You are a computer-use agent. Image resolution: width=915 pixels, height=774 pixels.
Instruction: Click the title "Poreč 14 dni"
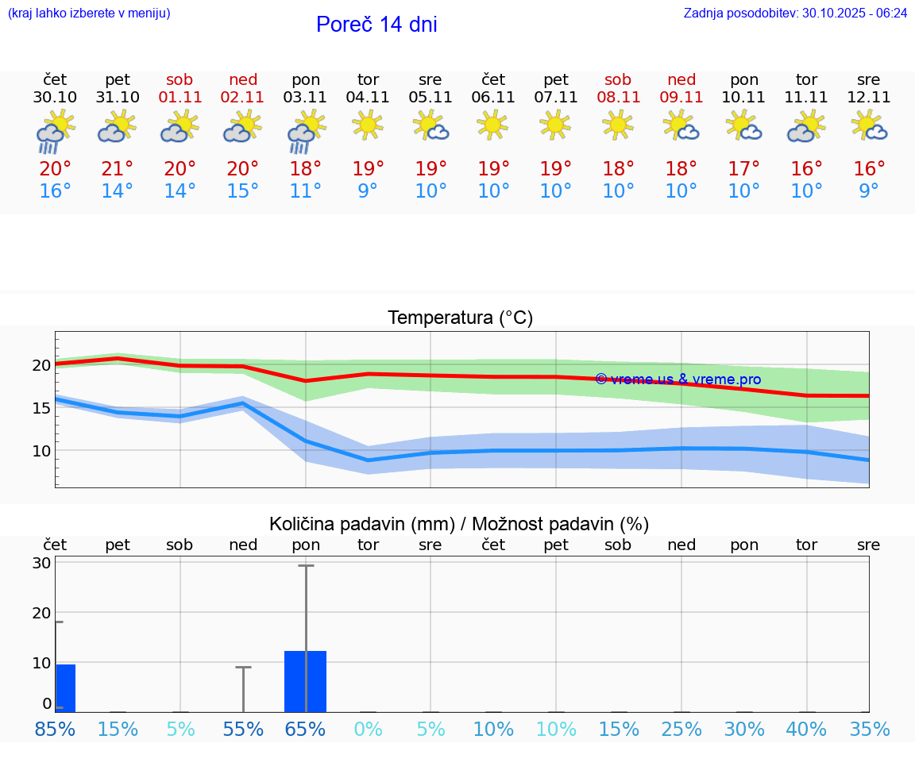click(x=376, y=25)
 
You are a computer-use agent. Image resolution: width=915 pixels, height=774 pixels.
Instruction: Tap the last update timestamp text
click(x=795, y=13)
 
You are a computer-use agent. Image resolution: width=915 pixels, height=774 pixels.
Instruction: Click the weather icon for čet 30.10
click(x=55, y=131)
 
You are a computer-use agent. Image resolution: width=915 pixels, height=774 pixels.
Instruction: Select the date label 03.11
click(x=306, y=98)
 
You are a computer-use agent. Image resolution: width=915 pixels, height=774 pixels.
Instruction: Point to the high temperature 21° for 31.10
click(x=118, y=169)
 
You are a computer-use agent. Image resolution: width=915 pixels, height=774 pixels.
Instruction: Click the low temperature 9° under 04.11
click(x=368, y=191)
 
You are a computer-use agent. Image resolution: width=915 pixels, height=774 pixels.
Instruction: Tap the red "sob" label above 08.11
click(x=618, y=79)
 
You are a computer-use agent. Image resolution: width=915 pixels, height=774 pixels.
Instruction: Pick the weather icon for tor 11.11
click(x=806, y=127)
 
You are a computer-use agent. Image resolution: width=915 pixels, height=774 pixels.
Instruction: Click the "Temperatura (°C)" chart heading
click(x=460, y=318)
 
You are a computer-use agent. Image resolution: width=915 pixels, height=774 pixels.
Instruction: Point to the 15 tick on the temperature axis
click(x=41, y=408)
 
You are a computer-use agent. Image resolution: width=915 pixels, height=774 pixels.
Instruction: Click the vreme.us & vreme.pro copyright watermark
click(x=678, y=379)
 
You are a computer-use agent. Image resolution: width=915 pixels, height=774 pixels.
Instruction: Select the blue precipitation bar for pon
click(x=306, y=681)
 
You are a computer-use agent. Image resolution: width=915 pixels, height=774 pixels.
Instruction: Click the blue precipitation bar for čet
click(x=65, y=688)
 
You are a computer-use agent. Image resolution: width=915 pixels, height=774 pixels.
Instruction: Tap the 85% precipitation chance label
click(x=55, y=729)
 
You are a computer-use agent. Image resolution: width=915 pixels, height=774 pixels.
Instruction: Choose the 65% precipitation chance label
click(x=306, y=729)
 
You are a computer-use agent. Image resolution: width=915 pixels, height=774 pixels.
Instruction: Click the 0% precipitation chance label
click(x=368, y=729)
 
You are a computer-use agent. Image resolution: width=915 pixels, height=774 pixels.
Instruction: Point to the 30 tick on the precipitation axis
click(x=41, y=563)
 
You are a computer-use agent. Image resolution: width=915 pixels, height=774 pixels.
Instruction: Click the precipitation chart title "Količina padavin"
click(x=361, y=524)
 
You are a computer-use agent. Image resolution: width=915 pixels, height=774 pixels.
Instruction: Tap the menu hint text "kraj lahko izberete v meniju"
click(x=89, y=13)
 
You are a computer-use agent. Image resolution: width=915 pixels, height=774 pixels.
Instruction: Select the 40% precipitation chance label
click(x=806, y=729)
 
